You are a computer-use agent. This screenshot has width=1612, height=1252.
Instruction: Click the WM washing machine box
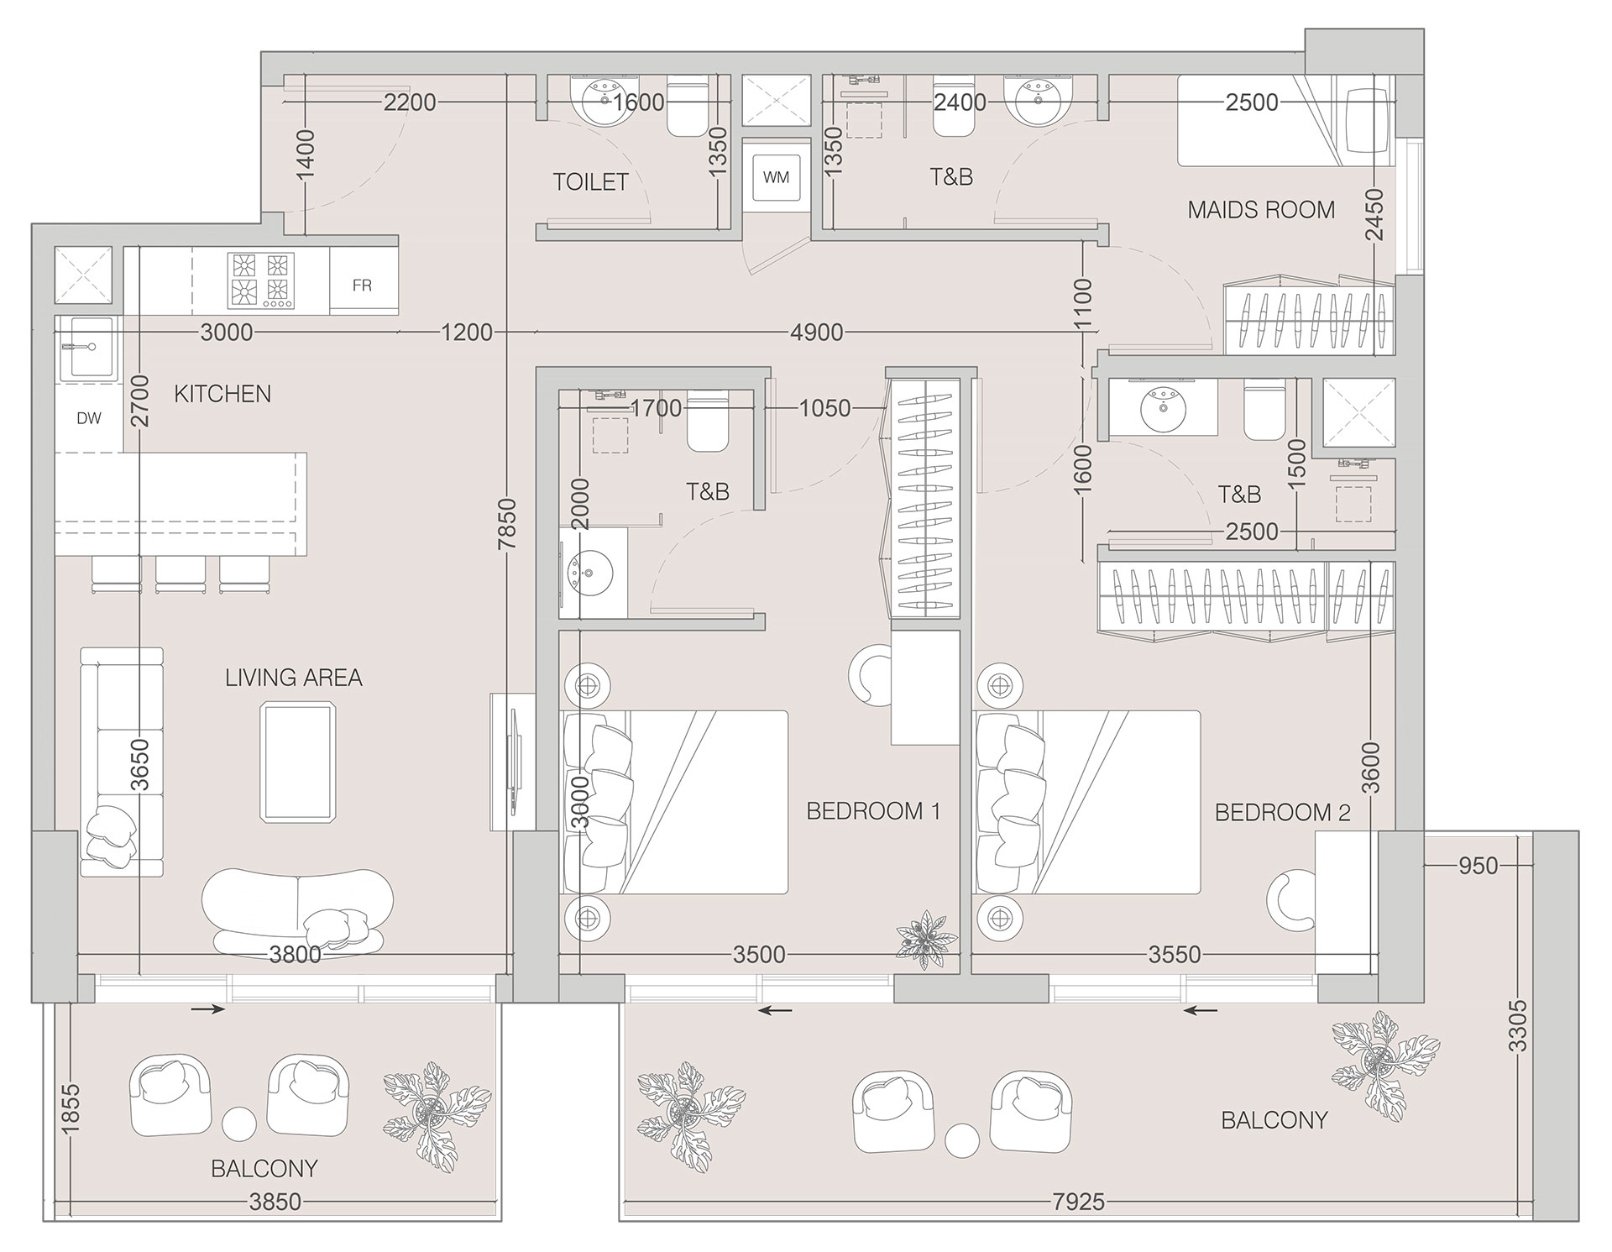(x=776, y=177)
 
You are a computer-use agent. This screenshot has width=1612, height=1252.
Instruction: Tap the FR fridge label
(x=362, y=285)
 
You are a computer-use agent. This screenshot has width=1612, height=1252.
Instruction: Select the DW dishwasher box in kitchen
(x=89, y=418)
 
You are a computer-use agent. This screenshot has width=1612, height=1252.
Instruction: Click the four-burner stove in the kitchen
(x=261, y=280)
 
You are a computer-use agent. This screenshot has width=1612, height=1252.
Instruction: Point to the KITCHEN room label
(x=222, y=394)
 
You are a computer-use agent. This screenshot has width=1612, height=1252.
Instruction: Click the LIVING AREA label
(x=293, y=678)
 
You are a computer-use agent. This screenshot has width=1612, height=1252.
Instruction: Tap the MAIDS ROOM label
(x=1261, y=210)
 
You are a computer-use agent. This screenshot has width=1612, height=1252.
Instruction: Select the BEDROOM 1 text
(x=873, y=811)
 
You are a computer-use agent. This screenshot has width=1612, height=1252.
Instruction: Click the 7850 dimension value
(x=507, y=525)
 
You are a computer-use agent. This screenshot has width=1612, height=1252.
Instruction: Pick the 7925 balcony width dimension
(x=1079, y=1203)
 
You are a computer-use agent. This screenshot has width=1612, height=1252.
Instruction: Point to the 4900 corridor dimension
(x=816, y=333)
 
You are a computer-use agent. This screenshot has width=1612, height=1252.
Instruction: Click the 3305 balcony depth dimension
(x=1518, y=1025)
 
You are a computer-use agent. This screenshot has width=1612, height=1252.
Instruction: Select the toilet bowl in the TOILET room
(x=688, y=109)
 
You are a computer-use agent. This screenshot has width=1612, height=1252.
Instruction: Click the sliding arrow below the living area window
(x=207, y=1009)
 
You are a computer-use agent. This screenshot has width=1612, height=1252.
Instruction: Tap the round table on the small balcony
(x=239, y=1124)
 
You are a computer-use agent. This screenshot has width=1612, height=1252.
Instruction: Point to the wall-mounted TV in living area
(x=514, y=762)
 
